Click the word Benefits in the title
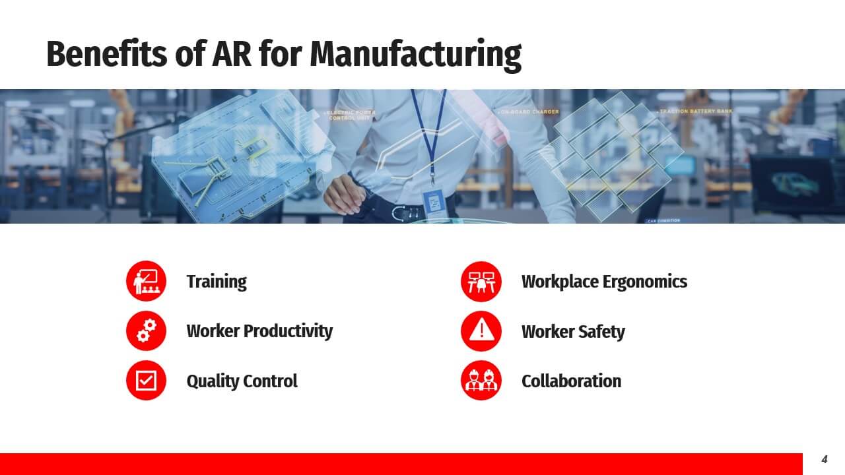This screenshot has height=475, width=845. tap(105, 54)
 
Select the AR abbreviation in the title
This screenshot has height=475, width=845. tap(231, 54)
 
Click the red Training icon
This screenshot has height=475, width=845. tap(146, 281)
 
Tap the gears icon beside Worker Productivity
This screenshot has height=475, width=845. tap(146, 331)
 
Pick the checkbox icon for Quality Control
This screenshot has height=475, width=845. tap(146, 381)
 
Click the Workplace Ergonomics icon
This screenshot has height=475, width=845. tap(481, 281)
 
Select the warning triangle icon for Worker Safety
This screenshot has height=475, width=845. tap(481, 331)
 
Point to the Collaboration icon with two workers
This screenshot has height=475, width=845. tap(481, 381)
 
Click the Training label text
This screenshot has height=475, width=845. tap(216, 282)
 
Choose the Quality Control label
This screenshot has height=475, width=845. tap(242, 381)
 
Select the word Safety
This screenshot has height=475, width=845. tap(600, 331)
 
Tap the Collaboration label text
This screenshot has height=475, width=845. tap(571, 381)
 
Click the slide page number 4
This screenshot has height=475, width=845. tap(824, 460)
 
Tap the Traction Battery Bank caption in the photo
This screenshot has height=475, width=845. tap(695, 111)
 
